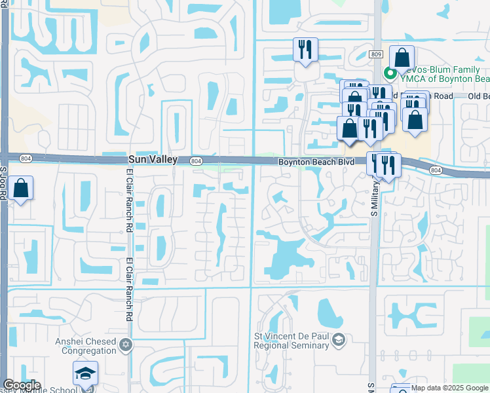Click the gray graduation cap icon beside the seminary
[338, 339]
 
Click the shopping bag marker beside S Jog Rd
[22, 189]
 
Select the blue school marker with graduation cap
[85, 373]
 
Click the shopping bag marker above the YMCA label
[402, 57]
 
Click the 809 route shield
[375, 55]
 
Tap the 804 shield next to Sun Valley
[195, 160]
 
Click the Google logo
[21, 385]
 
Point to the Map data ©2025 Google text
[449, 388]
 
